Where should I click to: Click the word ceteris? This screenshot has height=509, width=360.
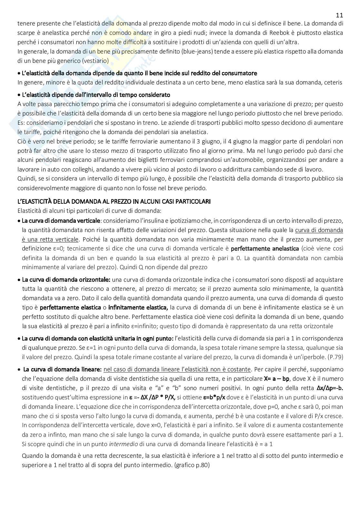point(334,83)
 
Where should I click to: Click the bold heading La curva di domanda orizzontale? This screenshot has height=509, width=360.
point(66,280)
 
